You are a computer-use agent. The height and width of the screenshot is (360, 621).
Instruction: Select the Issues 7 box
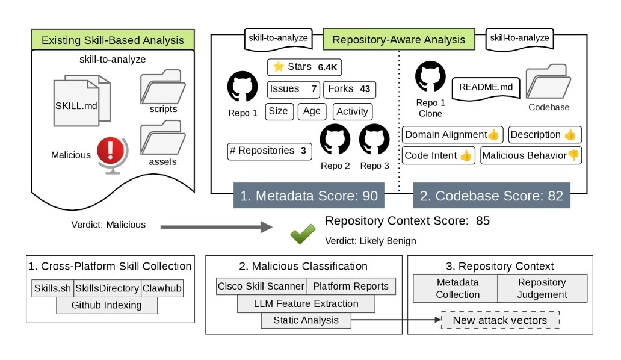point(293,89)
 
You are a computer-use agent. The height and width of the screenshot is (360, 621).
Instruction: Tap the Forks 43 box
point(350,89)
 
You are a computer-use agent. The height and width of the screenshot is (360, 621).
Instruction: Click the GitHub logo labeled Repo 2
point(335,140)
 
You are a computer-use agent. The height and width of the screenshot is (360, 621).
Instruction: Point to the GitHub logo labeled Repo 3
point(375,140)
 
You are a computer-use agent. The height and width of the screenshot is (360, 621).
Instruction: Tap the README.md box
point(486,87)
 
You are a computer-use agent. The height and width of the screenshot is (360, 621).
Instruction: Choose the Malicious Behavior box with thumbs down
point(531,155)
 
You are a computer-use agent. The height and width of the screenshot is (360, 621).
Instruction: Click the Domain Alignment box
point(452,135)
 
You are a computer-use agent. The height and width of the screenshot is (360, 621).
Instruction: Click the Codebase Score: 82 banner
point(491,196)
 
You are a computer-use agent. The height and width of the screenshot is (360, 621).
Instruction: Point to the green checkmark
point(303,235)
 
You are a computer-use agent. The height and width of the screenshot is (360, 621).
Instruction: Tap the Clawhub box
point(162,288)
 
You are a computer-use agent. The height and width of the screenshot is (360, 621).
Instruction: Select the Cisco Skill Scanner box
point(261,287)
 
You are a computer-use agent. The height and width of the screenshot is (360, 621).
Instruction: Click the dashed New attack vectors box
point(501,320)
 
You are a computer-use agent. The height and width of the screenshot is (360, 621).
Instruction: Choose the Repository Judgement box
point(542,288)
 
